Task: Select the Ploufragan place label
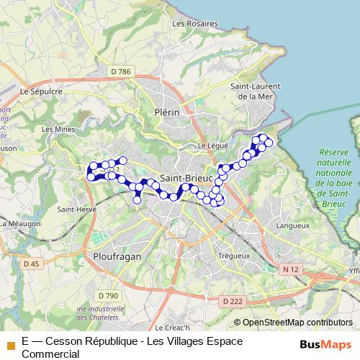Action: [117, 256]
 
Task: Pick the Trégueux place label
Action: [233, 256]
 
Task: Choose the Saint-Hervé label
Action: [73, 210]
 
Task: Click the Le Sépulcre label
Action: [42, 91]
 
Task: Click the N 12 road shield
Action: [291, 269]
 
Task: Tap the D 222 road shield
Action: [233, 300]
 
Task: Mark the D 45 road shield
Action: [32, 264]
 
